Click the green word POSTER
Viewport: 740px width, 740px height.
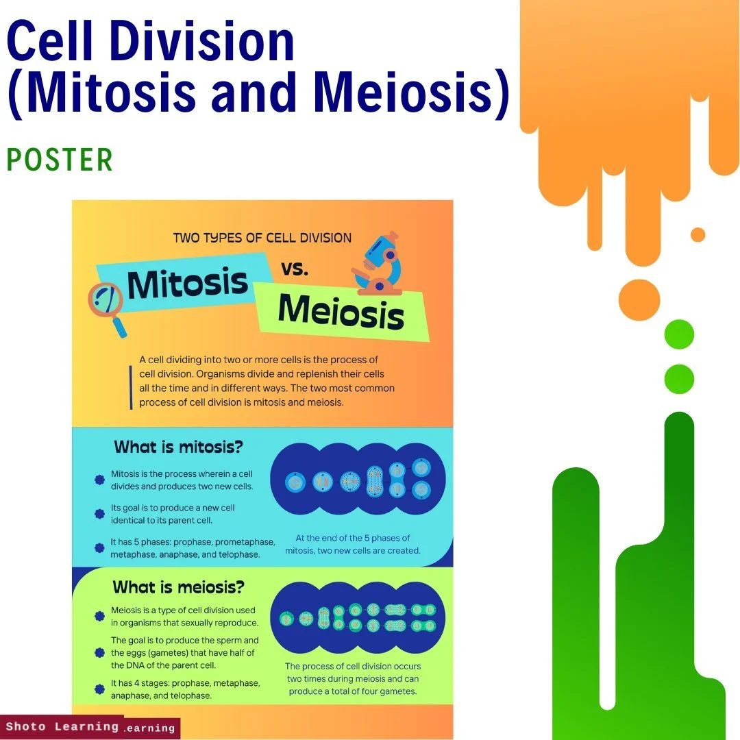(60, 160)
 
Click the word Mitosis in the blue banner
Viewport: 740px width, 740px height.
(187, 283)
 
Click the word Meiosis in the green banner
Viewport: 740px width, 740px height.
(341, 312)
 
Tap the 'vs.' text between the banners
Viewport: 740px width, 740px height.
(295, 269)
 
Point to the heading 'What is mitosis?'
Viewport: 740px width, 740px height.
(178, 447)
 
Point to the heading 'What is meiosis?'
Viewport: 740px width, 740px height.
(178, 587)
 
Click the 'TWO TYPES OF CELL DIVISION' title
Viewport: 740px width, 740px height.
(262, 238)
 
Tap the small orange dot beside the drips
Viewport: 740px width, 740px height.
(698, 235)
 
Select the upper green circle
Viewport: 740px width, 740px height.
(679, 334)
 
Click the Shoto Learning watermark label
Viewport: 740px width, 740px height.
(62, 726)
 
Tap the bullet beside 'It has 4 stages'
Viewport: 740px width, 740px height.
(99, 689)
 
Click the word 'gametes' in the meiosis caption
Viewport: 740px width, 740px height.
(398, 691)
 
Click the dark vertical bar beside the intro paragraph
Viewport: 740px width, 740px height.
(130, 387)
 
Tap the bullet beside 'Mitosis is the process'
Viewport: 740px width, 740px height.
(99, 480)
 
